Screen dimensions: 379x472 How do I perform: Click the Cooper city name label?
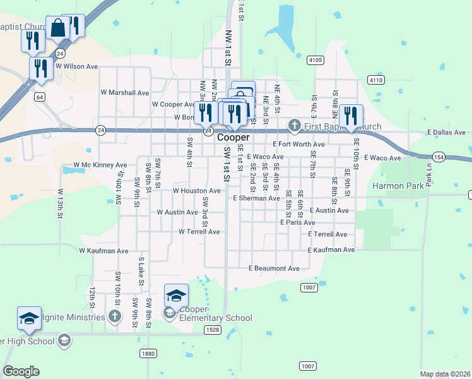(x=233, y=137)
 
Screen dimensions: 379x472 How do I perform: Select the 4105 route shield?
(x=316, y=60)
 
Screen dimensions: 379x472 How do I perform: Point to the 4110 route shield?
(x=376, y=80)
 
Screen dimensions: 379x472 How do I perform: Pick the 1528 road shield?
(x=213, y=330)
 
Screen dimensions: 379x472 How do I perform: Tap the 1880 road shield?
(x=148, y=354)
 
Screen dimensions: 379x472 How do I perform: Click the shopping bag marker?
(x=58, y=28)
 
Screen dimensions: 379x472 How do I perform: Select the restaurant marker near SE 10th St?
(x=351, y=116)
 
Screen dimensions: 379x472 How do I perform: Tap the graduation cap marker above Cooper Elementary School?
(x=176, y=295)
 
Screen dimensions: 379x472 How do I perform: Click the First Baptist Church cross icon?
(x=294, y=126)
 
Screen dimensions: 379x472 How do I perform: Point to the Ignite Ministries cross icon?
(x=114, y=315)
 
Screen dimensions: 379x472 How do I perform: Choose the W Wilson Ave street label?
(x=76, y=66)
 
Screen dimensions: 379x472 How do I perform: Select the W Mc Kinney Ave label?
(x=100, y=165)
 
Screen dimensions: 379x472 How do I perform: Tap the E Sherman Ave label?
(x=256, y=198)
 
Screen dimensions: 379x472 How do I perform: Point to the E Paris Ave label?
(x=298, y=222)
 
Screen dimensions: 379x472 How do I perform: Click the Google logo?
(x=21, y=371)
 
